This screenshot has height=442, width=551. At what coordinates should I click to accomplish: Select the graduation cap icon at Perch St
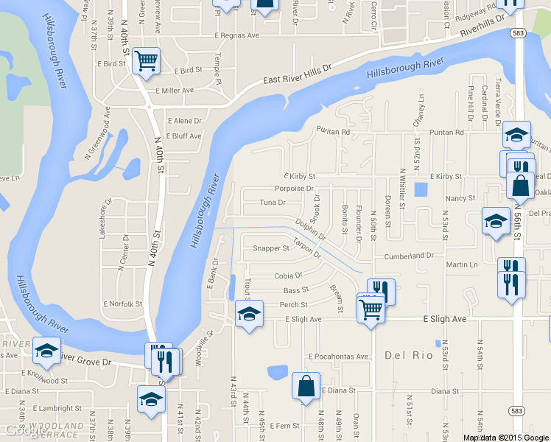[x=249, y=315]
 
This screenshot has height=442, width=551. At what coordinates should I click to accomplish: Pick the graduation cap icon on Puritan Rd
[x=516, y=134]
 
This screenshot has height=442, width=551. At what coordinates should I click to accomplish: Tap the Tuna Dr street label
[x=273, y=202]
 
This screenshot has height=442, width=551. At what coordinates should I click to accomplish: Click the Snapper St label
[x=271, y=248]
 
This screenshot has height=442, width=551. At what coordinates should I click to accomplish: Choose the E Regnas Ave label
[x=237, y=35]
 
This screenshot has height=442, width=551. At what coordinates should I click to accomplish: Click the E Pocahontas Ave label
[x=338, y=357]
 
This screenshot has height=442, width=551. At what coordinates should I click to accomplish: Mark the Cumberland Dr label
[x=409, y=256]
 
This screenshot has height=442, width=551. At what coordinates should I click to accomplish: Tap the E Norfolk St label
[x=123, y=304]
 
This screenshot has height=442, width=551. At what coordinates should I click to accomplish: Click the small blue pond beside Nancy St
[x=421, y=189]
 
